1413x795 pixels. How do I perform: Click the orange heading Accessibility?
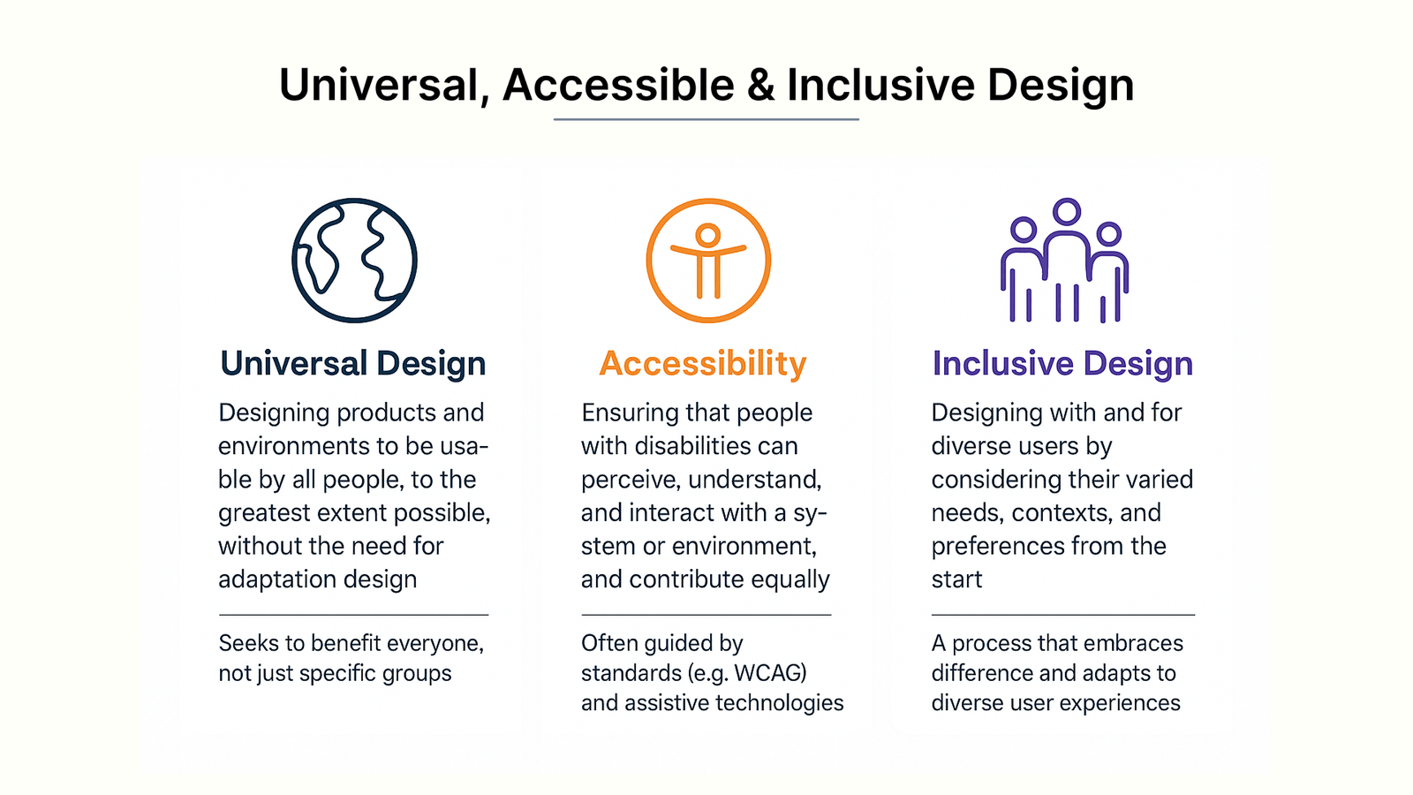click(703, 363)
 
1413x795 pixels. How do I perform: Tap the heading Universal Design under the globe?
click(352, 363)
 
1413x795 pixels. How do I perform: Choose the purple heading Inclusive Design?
click(1063, 363)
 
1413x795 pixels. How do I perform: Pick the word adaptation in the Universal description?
click(278, 579)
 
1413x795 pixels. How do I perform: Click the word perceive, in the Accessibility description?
click(631, 481)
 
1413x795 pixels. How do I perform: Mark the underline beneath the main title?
click(706, 118)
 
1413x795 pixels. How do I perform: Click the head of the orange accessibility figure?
click(707, 235)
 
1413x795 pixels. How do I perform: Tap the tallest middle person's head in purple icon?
click(1067, 211)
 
